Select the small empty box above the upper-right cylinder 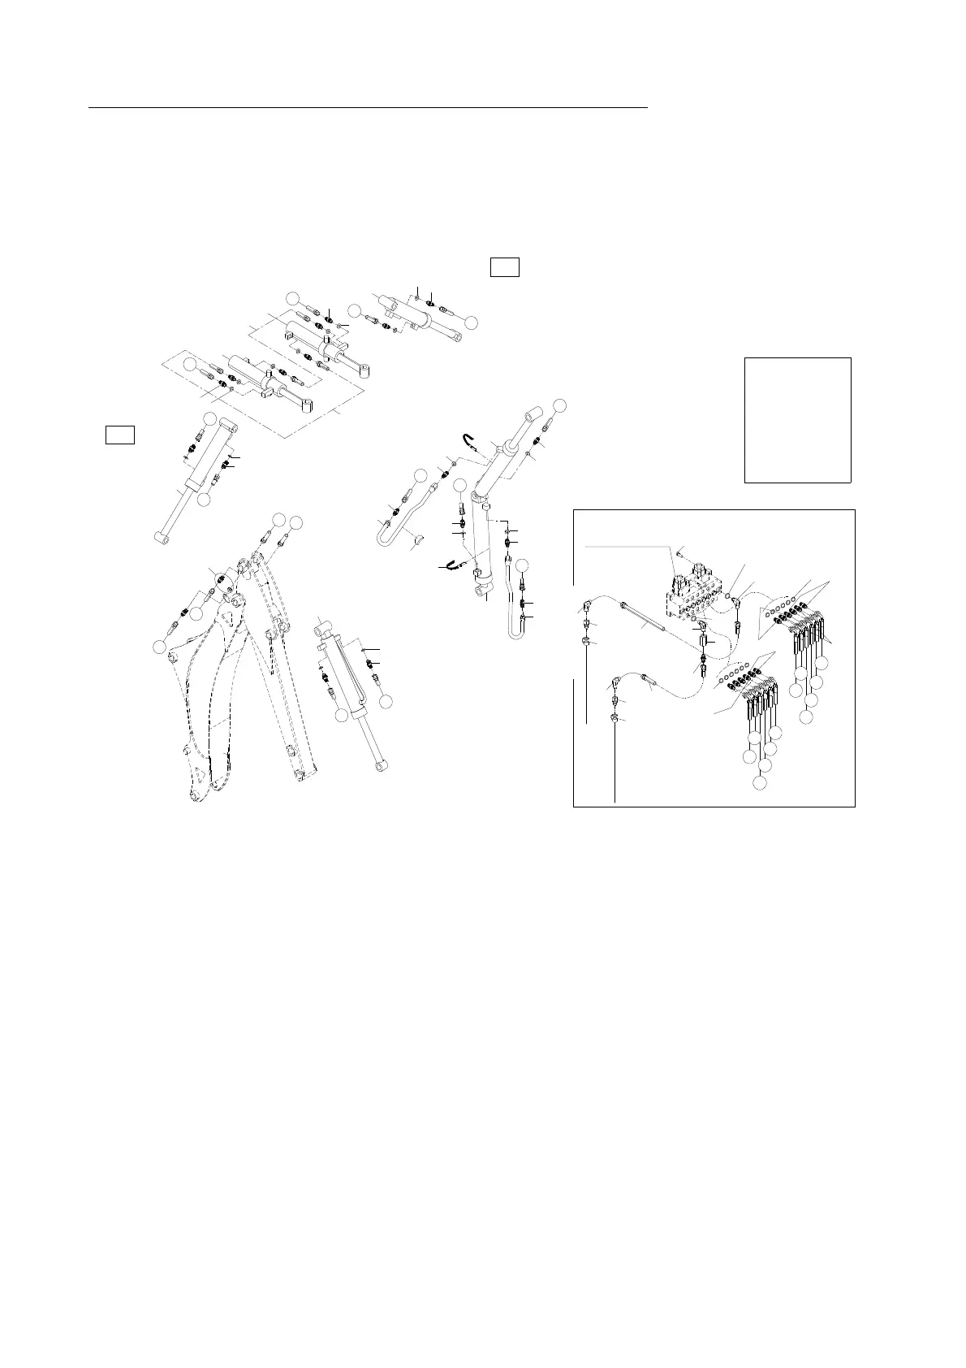(x=504, y=266)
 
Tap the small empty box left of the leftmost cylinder (x=119, y=435)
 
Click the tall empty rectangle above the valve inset (x=797, y=420)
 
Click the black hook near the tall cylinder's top (x=469, y=441)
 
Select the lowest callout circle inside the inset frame (x=758, y=783)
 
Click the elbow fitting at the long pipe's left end (x=586, y=607)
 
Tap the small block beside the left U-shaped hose (x=416, y=536)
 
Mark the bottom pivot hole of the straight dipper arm (x=298, y=776)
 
